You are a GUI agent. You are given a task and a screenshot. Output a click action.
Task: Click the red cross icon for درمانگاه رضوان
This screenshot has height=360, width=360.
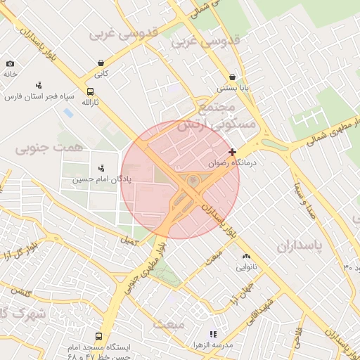(233, 152)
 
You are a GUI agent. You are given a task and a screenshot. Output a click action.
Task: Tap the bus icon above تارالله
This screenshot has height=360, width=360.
(89, 91)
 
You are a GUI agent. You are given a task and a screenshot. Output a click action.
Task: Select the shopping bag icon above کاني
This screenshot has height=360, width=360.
(102, 63)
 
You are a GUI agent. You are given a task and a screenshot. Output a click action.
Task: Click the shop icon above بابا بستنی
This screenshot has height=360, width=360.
(231, 77)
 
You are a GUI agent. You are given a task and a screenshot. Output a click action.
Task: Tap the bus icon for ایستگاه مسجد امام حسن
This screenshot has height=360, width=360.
(98, 337)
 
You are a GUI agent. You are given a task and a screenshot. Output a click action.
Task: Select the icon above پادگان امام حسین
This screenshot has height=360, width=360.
(102, 168)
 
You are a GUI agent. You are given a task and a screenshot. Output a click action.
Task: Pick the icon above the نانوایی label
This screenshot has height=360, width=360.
(246, 257)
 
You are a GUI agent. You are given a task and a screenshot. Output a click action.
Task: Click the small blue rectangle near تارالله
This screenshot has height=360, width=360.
(68, 112)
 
